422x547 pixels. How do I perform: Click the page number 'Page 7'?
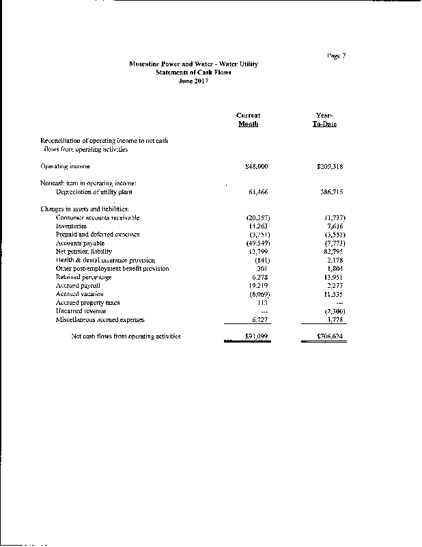336,55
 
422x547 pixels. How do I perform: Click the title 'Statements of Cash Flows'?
193,72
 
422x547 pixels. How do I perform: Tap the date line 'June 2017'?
193,81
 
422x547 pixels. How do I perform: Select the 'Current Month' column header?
248,120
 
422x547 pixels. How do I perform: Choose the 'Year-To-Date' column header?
324,120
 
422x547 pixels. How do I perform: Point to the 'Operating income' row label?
66,166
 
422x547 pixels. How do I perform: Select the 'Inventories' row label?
71,226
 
